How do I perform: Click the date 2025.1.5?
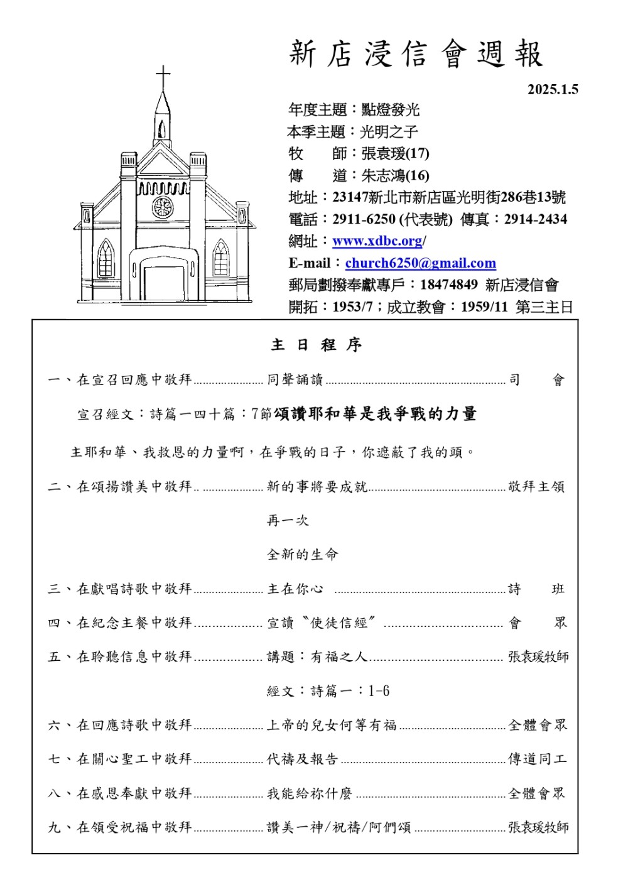[552, 89]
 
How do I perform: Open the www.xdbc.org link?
[377, 241]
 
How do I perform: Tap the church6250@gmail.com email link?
[420, 263]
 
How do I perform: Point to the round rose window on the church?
[163, 207]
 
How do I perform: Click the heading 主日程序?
[316, 345]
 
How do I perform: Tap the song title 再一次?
[288, 521]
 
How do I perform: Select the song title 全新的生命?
[302, 555]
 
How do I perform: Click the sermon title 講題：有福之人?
[317, 657]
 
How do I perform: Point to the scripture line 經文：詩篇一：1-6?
[328, 691]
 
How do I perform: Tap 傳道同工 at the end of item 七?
[537, 759]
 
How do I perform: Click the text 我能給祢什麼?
[309, 793]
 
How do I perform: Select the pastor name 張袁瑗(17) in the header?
[395, 154]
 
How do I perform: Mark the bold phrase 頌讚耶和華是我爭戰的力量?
[375, 414]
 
